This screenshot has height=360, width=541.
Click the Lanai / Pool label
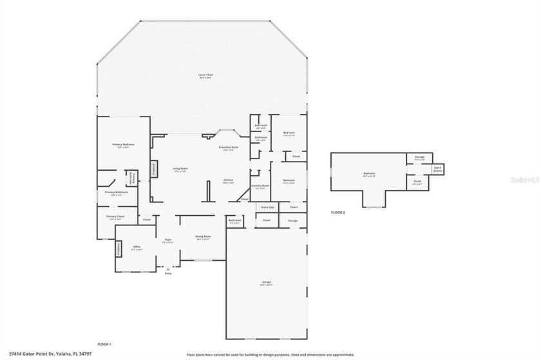(206, 75)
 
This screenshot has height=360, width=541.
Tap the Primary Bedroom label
(122, 145)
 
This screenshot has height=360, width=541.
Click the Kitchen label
(228, 180)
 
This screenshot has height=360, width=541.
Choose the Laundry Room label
(260, 186)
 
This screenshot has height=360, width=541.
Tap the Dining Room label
(203, 237)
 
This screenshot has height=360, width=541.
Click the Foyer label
(167, 240)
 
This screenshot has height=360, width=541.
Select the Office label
(137, 247)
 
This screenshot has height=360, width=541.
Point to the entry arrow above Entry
(168, 269)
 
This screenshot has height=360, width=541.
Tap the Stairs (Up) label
(266, 207)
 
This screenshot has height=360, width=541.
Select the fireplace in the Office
(119, 248)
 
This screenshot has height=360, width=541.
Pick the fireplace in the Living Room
(153, 169)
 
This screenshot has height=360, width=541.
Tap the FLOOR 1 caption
(104, 345)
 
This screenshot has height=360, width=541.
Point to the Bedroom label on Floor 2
(368, 173)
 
